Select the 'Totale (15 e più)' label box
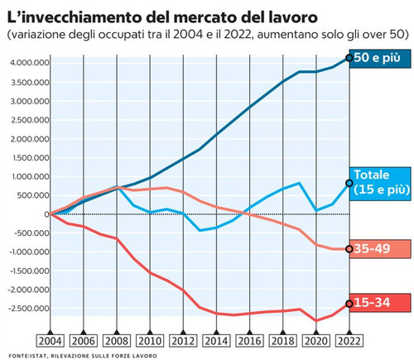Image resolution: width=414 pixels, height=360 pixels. (x=382, y=182)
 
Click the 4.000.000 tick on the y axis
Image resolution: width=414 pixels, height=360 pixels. (x=26, y=63)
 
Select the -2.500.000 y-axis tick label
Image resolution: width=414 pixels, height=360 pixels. (x=25, y=309)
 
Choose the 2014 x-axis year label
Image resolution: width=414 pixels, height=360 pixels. (x=217, y=340)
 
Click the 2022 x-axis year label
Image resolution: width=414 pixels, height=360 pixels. (x=349, y=340)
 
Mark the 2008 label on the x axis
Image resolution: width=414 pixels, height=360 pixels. (x=118, y=340)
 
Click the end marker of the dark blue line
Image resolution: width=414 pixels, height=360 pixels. (x=349, y=58)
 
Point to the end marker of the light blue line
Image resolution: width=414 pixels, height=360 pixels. (x=349, y=183)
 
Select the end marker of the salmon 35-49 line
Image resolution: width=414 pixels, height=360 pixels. (x=349, y=248)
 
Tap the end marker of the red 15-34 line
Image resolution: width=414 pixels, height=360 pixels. (x=349, y=304)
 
